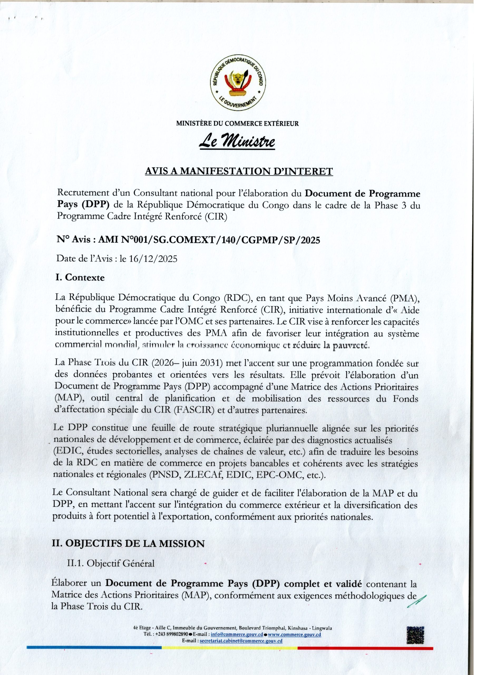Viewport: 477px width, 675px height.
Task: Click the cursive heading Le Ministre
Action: (x=237, y=142)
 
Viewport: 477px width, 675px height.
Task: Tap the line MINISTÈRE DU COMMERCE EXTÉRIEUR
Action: (x=237, y=123)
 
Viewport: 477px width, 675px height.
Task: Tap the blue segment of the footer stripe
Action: (x=94, y=648)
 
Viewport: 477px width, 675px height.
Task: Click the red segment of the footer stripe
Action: (x=364, y=648)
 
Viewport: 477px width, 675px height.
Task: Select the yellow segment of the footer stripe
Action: (x=229, y=648)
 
